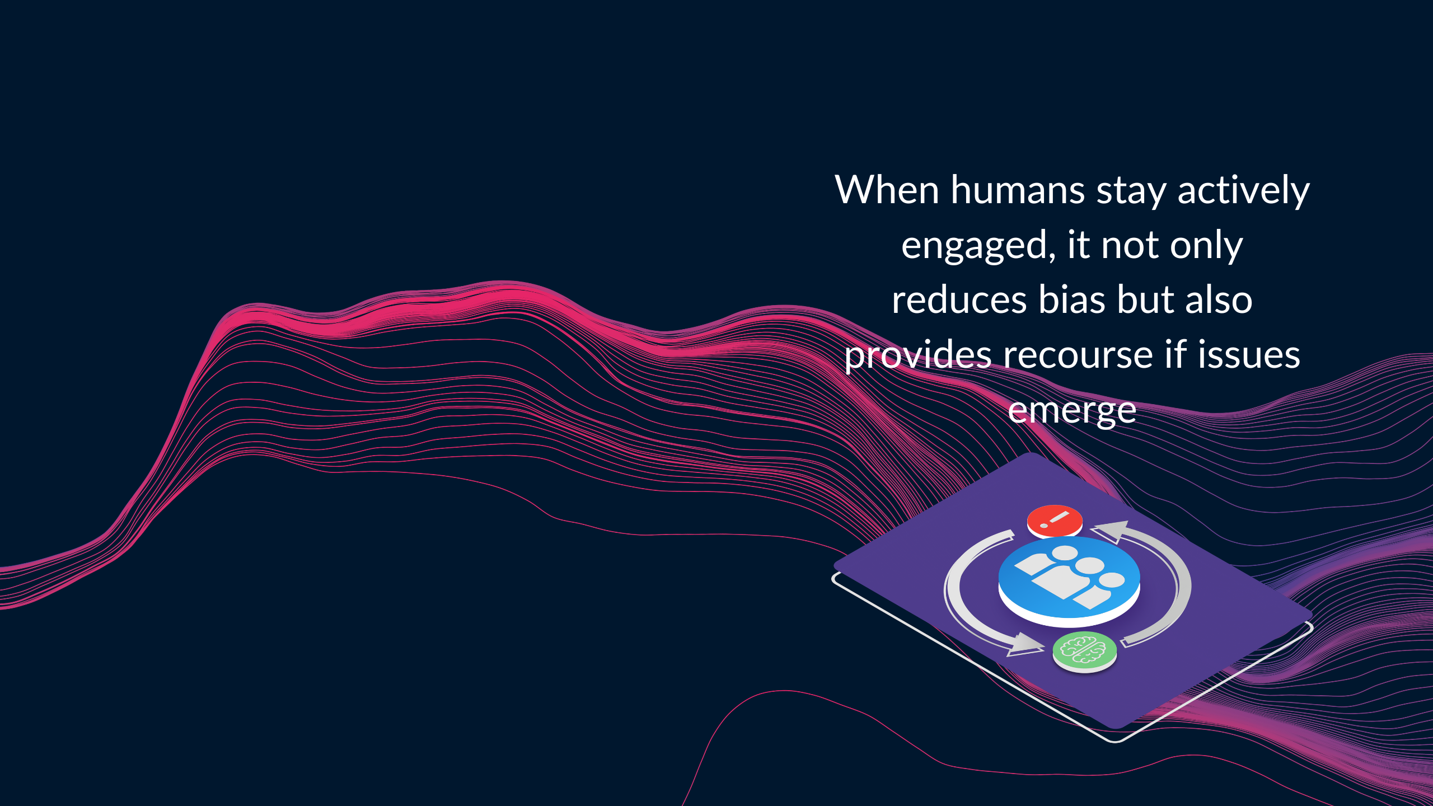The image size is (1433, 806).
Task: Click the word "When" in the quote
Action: tap(887, 190)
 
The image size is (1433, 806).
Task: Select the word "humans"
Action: tap(1018, 190)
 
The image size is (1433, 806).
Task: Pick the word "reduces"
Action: tap(959, 299)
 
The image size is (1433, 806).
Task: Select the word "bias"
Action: tap(1073, 299)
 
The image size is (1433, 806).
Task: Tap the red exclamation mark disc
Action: tap(1055, 521)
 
